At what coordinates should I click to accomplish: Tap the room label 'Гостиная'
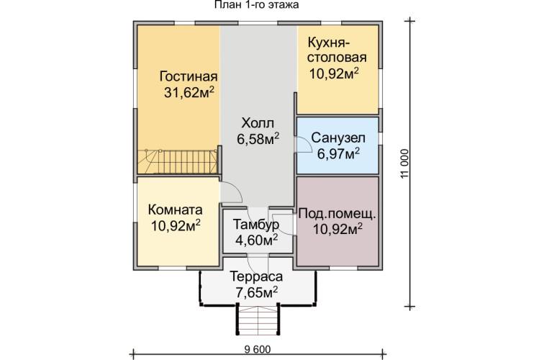pos(189,76)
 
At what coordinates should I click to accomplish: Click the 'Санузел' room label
pos(337,138)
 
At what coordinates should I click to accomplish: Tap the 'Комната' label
pos(175,210)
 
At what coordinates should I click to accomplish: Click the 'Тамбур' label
pos(257,225)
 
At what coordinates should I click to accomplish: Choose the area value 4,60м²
pos(258,240)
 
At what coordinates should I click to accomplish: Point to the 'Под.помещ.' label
pos(337,214)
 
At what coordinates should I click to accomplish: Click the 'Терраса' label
pos(257,276)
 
